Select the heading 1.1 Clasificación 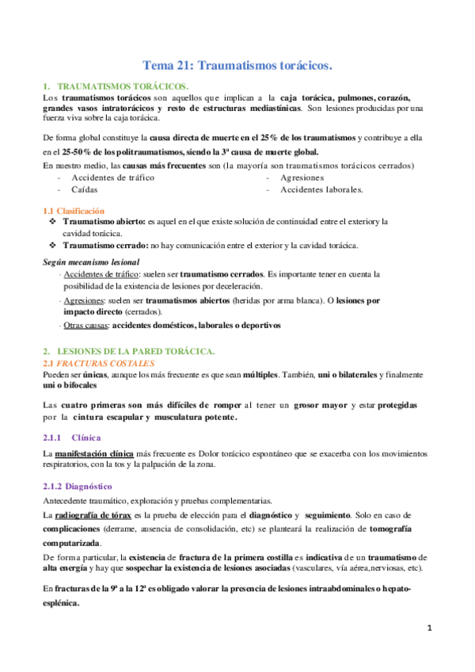(x=74, y=211)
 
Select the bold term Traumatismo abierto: (x=104, y=222)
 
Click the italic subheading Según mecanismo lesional (x=91, y=262)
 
